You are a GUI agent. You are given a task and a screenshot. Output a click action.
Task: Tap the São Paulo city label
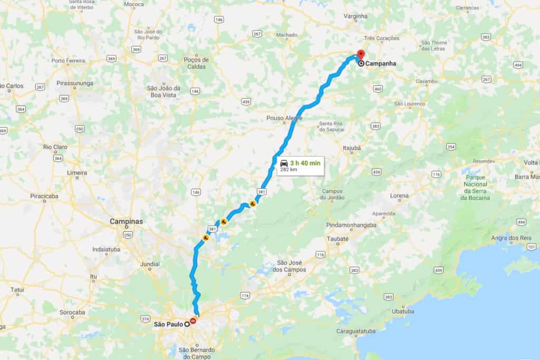(167, 324)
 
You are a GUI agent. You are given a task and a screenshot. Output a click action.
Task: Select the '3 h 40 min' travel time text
(305, 162)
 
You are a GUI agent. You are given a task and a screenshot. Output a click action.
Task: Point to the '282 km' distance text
(288, 170)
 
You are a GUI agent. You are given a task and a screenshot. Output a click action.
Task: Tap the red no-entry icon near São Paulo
(194, 320)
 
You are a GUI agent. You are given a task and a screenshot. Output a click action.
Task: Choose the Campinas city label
(126, 222)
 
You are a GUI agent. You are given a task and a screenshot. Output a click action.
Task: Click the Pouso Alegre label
(285, 118)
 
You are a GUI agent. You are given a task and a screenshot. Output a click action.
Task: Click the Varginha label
(355, 16)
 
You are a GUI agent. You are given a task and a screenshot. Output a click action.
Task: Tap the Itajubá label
(351, 148)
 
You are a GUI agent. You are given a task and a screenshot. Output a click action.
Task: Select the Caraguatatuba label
(359, 331)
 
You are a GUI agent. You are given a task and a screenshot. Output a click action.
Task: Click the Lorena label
(399, 196)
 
